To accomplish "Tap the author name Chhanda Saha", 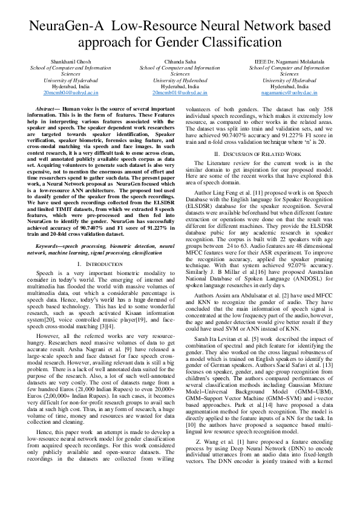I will tap(180, 62).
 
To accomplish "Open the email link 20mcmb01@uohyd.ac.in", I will tap(180, 93).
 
